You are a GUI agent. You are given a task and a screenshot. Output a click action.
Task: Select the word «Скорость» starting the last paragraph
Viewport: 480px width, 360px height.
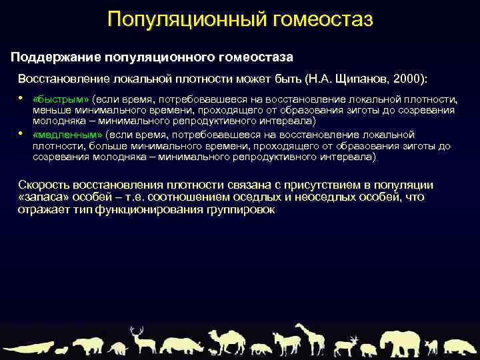(x=43, y=185)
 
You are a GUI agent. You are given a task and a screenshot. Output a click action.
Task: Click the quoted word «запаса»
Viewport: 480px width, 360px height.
(x=41, y=197)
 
